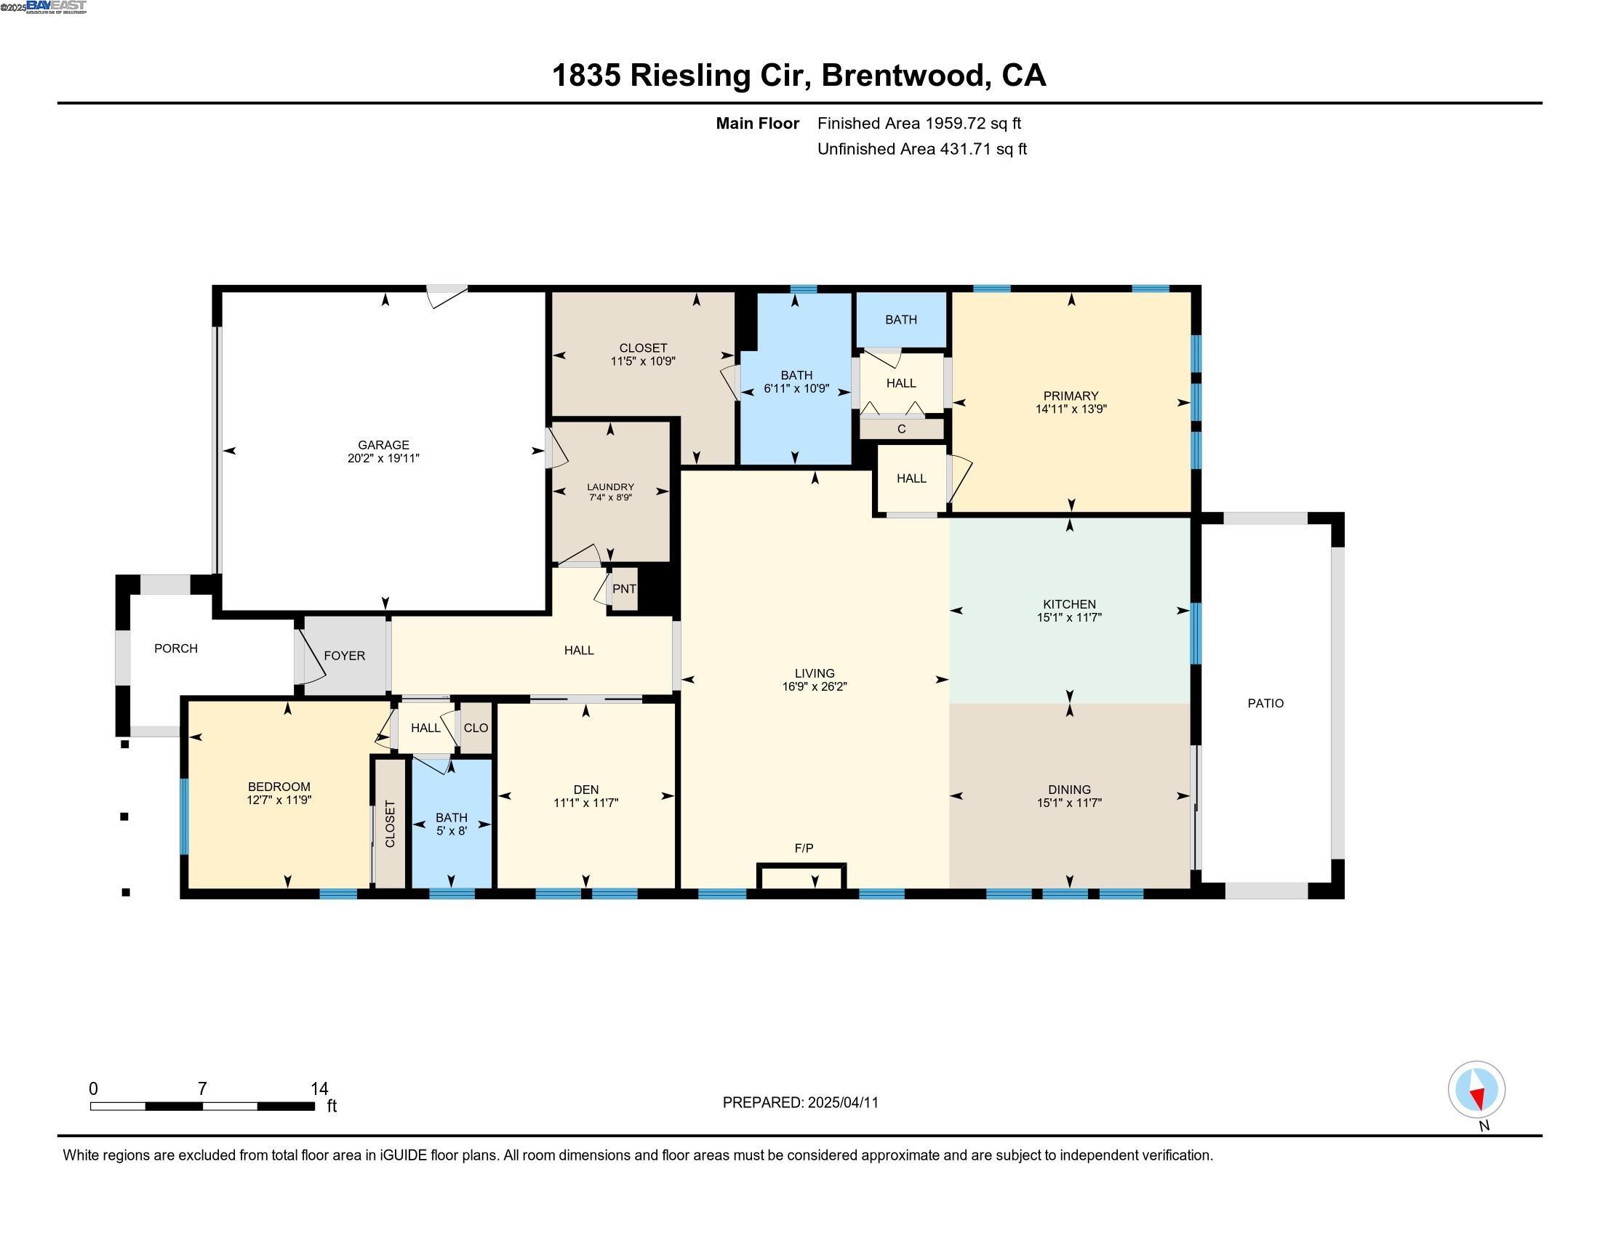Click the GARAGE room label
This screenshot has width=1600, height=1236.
(x=383, y=444)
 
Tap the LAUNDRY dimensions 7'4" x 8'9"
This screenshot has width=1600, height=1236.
(x=610, y=498)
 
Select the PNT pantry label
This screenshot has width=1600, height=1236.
(x=624, y=589)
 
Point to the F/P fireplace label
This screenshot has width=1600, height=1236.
(x=804, y=848)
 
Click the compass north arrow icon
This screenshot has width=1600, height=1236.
(x=1476, y=1090)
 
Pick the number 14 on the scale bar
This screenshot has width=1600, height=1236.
(x=319, y=1088)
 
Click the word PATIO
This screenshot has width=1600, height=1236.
(x=1265, y=703)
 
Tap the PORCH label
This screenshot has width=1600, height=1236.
(x=176, y=648)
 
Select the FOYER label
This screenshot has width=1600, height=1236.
(x=344, y=655)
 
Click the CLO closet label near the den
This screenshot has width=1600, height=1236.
(x=476, y=728)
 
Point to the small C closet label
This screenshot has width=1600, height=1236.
(x=901, y=429)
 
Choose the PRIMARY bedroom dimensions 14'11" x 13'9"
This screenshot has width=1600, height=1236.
(x=1071, y=409)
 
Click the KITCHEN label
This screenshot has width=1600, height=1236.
(x=1069, y=604)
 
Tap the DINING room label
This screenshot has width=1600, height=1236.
(x=1069, y=790)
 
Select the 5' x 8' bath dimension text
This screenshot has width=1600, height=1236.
(x=452, y=831)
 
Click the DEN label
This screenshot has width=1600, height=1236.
(x=585, y=790)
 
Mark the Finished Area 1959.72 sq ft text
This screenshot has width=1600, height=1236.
(x=919, y=123)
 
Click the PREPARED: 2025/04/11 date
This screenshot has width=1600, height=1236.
(x=800, y=1103)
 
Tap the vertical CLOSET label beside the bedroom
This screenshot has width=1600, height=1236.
(x=390, y=824)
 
